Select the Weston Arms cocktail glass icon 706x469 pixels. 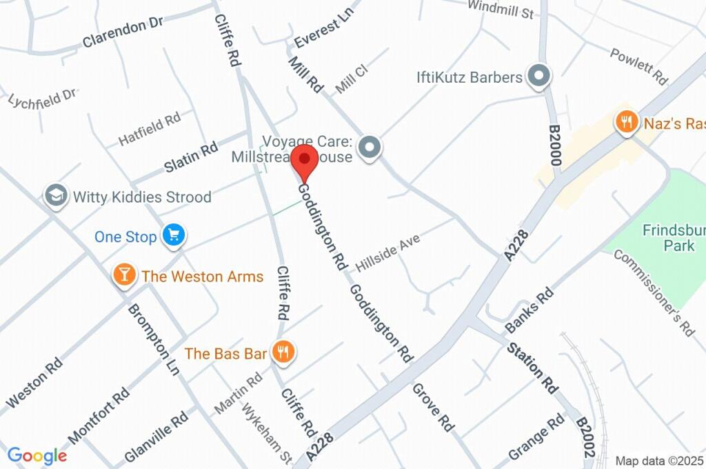pos(123,276)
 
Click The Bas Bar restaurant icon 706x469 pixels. pos(283,352)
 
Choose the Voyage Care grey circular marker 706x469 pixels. pos(371,147)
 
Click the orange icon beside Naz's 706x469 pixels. pos(626,123)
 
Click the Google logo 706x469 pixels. pos(37,455)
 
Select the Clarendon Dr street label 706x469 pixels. pos(122,33)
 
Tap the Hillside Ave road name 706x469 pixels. pos(387,252)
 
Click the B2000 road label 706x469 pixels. pos(556,146)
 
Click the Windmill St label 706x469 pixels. pos(500,10)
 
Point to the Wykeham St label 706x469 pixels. pos(266,433)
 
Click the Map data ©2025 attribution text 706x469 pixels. pos(659,461)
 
